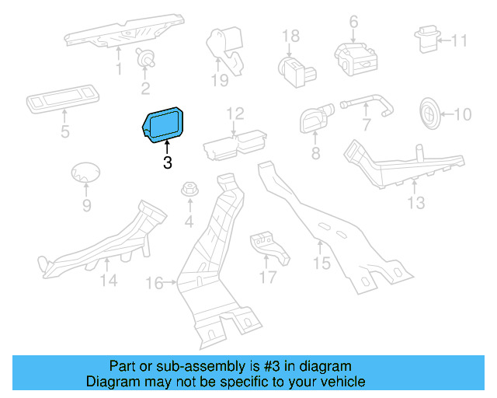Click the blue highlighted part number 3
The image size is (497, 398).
click(x=163, y=124)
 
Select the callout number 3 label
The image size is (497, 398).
click(x=167, y=163)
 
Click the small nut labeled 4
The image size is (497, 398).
click(x=189, y=190)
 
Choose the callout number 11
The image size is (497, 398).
click(x=460, y=40)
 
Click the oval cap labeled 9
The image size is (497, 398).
click(x=85, y=174)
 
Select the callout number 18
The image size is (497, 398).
click(x=290, y=36)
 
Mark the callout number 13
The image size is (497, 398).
click(x=417, y=203)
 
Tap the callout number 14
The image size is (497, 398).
click(x=109, y=280)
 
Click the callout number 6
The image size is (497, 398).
click(x=353, y=21)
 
